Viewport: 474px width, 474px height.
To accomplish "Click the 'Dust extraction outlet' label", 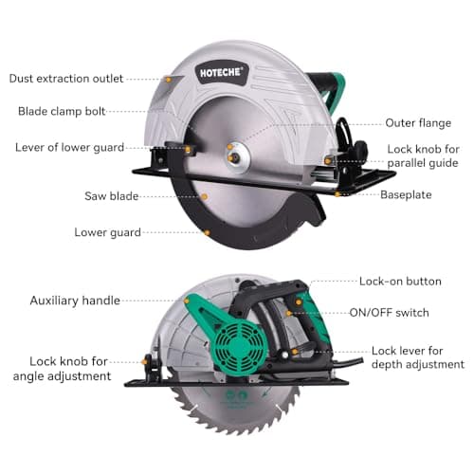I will click(x=66, y=78).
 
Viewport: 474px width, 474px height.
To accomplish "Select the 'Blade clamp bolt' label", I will click(x=62, y=111).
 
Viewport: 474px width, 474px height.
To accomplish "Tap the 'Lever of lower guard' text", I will click(x=68, y=147).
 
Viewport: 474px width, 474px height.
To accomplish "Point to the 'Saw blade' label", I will click(x=111, y=196).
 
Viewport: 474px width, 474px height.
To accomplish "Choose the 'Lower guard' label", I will click(x=108, y=232).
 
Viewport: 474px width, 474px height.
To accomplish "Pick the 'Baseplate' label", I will click(x=406, y=194).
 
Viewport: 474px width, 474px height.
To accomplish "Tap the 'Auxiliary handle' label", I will click(x=75, y=301).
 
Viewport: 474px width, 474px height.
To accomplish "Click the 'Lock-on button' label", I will click(x=400, y=282).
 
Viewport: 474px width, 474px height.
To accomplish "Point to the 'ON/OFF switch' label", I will click(x=390, y=313).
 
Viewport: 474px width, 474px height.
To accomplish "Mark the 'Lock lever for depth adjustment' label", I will click(x=417, y=357).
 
